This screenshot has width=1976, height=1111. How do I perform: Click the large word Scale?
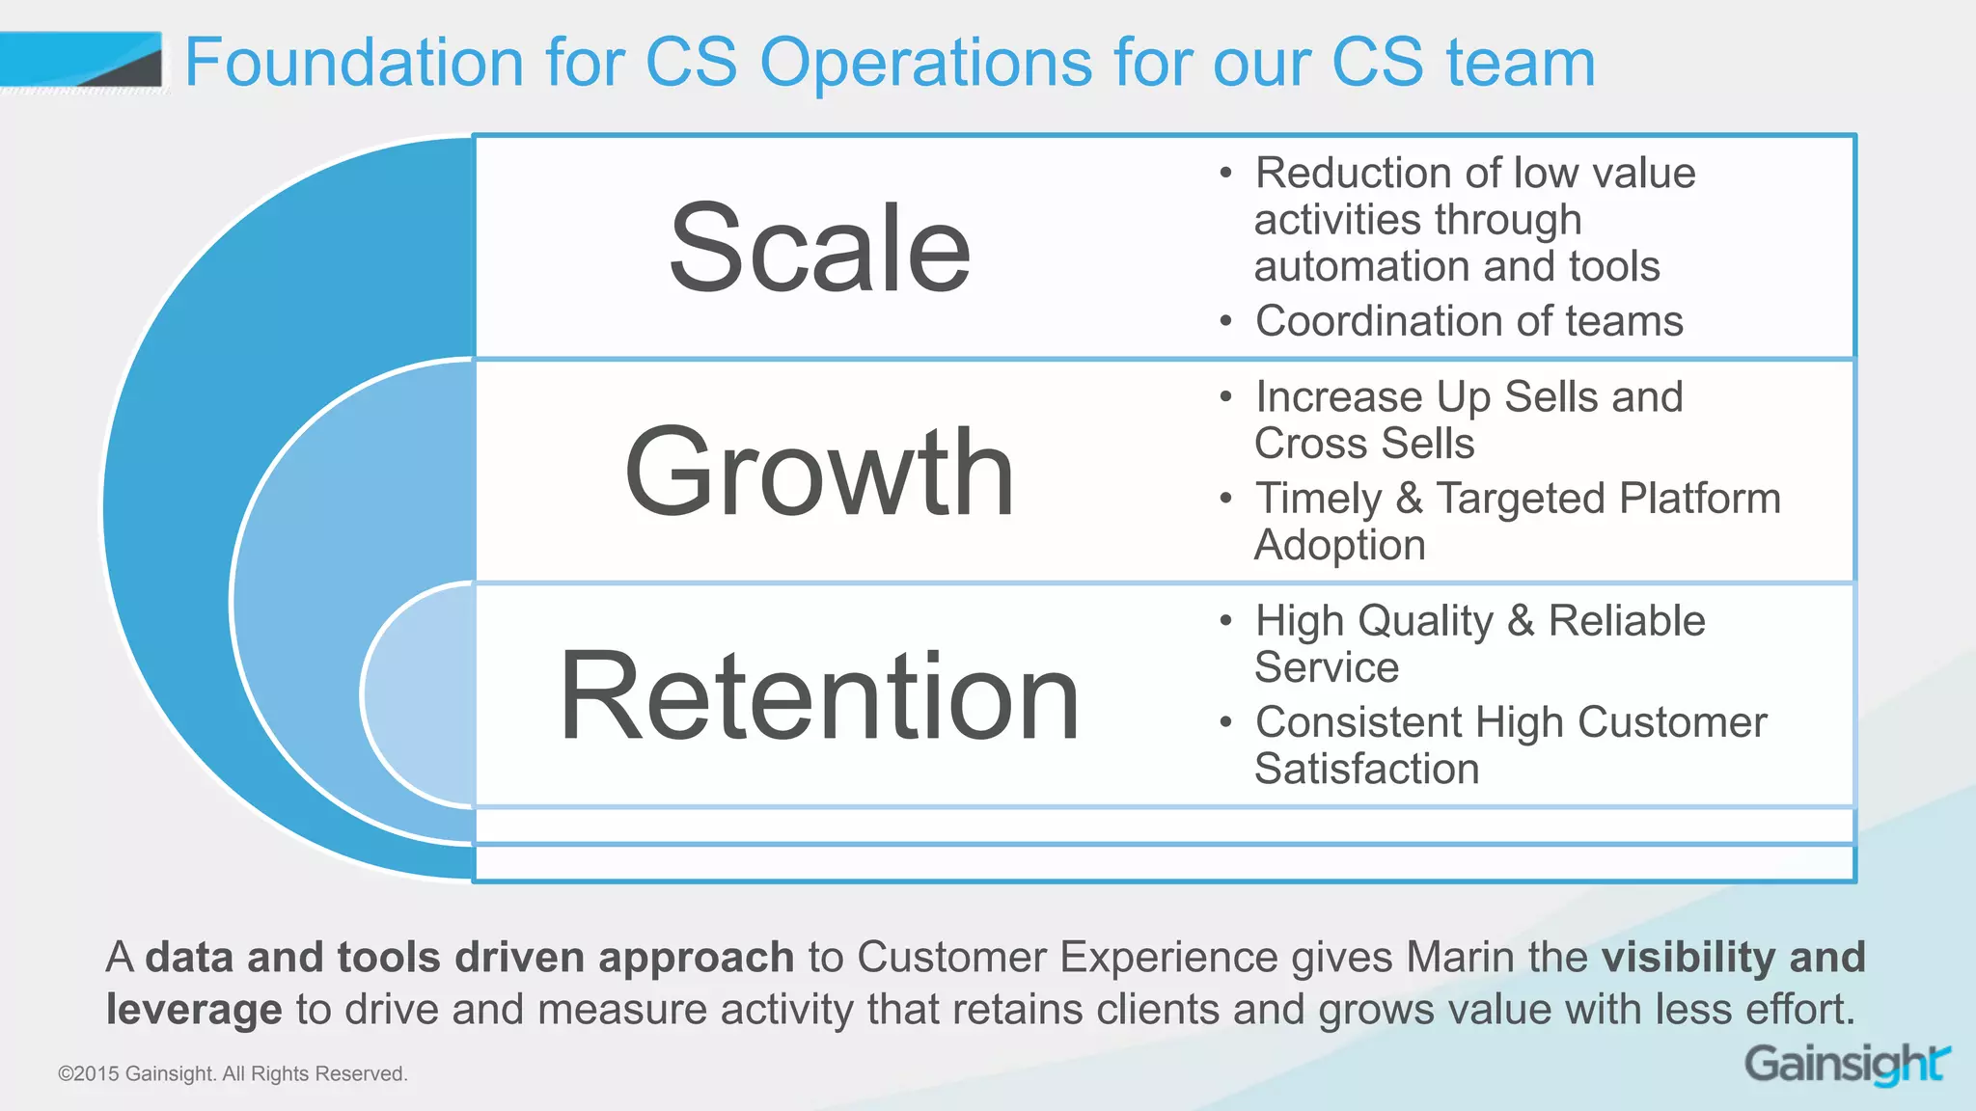[x=819, y=248]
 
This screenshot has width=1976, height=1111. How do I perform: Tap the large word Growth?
[x=819, y=473]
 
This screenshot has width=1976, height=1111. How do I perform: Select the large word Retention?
[x=819, y=696]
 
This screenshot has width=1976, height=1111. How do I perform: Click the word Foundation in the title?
[x=353, y=63]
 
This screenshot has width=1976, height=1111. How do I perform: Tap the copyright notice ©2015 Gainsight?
[x=233, y=1073]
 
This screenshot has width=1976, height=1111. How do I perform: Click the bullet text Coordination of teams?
[x=1468, y=321]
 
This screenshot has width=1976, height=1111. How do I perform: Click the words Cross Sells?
[x=1364, y=444]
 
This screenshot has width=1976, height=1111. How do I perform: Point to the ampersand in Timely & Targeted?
[x=1409, y=499]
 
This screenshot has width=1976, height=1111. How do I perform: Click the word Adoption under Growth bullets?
[x=1339, y=546]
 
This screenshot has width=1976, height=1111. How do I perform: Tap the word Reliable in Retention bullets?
[x=1626, y=621]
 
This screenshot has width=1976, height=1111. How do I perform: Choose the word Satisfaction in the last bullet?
[x=1366, y=770]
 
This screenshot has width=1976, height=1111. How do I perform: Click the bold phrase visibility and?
[x=1733, y=957]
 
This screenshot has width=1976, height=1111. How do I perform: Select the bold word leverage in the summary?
[x=194, y=1010]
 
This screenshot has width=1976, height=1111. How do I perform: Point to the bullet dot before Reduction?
[x=1225, y=174]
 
